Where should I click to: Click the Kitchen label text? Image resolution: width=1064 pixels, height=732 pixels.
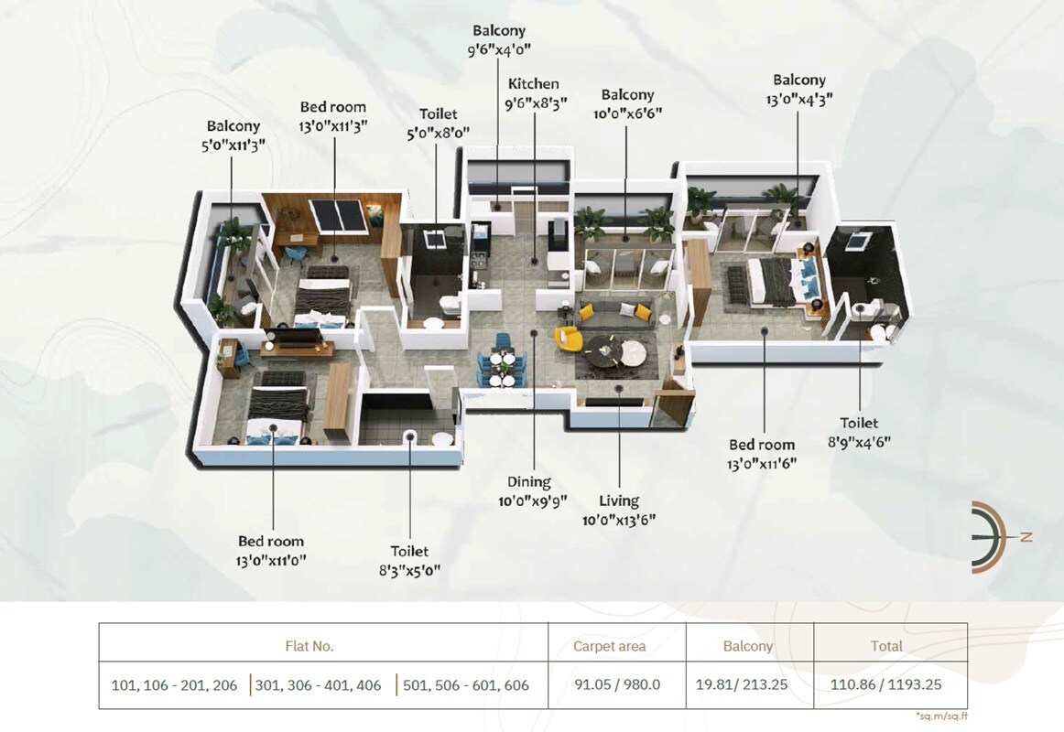pos(533,84)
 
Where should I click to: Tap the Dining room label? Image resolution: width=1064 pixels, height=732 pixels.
pos(529,482)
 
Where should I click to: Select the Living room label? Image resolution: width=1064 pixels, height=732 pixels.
pos(619,501)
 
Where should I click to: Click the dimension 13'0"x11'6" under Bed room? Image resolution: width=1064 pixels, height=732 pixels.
pos(763,463)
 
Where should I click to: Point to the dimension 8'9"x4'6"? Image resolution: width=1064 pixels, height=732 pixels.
pos(859,441)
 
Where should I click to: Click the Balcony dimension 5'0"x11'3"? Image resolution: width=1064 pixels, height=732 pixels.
pos(233,144)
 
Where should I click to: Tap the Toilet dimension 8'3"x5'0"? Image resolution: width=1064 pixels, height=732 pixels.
pos(409,570)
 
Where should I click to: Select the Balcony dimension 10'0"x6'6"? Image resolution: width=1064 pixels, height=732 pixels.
pos(627,113)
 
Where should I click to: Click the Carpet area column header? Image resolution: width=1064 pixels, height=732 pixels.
pos(609,646)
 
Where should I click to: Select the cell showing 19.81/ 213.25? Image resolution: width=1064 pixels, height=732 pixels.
pos(748,684)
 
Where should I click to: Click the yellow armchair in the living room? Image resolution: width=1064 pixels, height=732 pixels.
pos(569,339)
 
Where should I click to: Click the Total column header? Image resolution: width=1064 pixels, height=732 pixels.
pos(886,646)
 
